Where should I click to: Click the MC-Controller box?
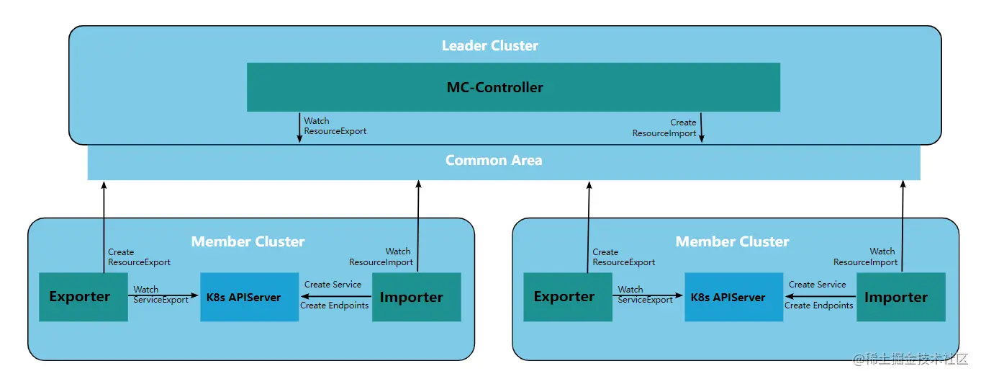(513, 87)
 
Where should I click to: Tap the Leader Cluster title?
(489, 45)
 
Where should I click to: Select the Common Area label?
(494, 160)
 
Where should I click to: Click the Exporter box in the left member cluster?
(83, 297)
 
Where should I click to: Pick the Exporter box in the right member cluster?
(568, 297)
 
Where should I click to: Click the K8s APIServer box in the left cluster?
(249, 297)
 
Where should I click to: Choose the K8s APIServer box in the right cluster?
(733, 297)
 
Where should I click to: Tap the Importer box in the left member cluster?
(417, 297)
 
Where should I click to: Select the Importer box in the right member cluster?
(901, 297)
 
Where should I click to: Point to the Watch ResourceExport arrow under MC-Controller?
(299, 128)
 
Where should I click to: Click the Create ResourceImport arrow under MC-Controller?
(701, 128)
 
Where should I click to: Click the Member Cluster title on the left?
(248, 241)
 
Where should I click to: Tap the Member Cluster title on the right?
(732, 241)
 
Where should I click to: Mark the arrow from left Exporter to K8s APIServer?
(163, 295)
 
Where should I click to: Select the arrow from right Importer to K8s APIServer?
(820, 297)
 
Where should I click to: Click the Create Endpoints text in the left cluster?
(334, 306)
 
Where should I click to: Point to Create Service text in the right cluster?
(817, 284)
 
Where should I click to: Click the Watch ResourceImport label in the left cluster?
(381, 257)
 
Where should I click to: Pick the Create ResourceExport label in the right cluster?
(623, 257)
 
